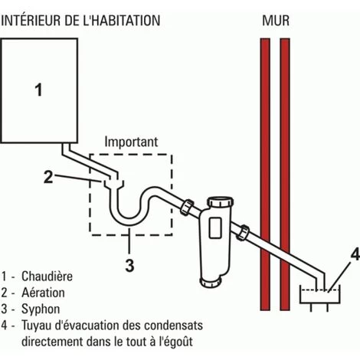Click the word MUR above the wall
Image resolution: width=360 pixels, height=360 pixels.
click(x=276, y=21)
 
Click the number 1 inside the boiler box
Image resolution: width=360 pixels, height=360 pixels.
click(x=38, y=90)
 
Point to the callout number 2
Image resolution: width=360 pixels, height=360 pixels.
click(x=48, y=177)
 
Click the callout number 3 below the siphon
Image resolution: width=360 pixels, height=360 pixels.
click(x=129, y=265)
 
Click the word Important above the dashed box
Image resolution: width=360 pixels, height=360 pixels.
click(x=131, y=142)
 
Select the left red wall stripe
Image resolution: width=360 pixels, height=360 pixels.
click(x=265, y=174)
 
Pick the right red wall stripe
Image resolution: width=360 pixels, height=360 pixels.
click(x=285, y=174)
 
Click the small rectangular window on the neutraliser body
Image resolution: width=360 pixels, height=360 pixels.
click(x=215, y=227)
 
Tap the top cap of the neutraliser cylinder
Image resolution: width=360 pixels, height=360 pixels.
click(x=220, y=201)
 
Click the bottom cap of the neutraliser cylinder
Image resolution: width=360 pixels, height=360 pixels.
click(x=210, y=283)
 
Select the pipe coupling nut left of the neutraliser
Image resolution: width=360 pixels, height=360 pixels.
click(x=187, y=207)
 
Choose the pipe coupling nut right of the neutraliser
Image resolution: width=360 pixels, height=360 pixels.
click(x=243, y=232)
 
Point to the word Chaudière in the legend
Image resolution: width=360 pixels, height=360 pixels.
click(x=47, y=277)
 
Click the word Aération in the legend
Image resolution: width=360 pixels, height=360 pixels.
click(x=43, y=293)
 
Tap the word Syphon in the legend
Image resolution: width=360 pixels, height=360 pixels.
click(x=41, y=309)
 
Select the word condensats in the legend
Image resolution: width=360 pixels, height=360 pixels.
click(x=174, y=326)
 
